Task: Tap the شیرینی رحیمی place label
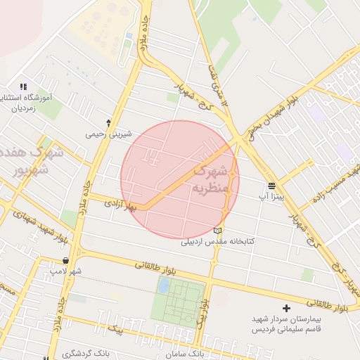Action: click(x=104, y=133)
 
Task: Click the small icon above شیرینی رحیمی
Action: click(x=108, y=122)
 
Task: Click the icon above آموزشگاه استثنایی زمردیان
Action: click(x=23, y=86)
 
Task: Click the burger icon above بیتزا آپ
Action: click(x=271, y=186)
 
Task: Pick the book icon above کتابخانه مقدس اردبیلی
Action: click(x=218, y=230)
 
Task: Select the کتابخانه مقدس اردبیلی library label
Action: click(x=218, y=241)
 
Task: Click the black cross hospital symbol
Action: click(x=286, y=308)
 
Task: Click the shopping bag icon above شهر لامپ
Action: click(x=65, y=260)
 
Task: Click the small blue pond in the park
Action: click(x=164, y=285)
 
